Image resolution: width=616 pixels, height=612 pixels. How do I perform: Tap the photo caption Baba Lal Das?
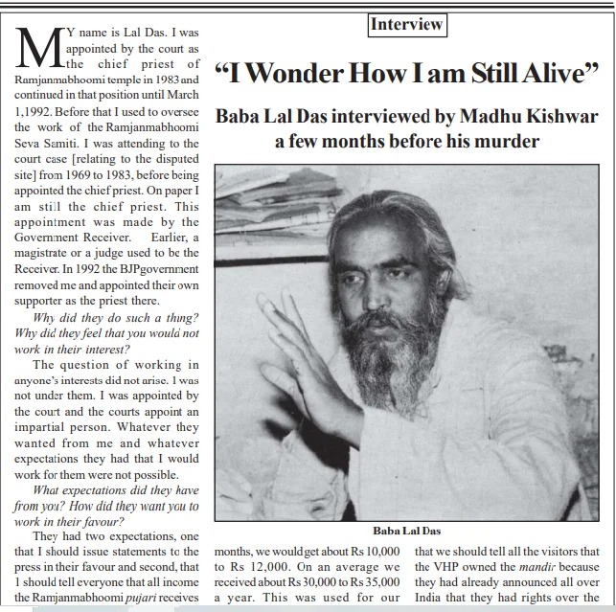pyautogui.click(x=407, y=530)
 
